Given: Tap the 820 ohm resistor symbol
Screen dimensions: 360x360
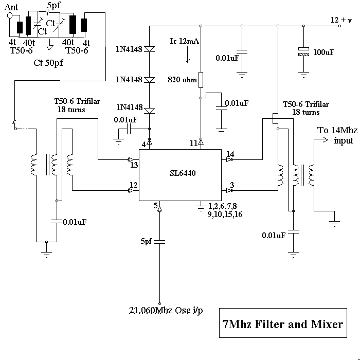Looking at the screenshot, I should coord(202,80).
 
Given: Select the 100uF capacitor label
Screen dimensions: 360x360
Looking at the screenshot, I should coord(324,52).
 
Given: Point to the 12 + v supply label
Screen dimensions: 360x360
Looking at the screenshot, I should coord(341,20).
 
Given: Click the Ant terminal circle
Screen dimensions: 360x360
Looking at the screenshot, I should coord(10,15).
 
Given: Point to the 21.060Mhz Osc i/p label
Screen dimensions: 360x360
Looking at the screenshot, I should coord(165,311).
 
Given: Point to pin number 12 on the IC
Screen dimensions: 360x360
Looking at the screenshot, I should coord(133,185).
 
